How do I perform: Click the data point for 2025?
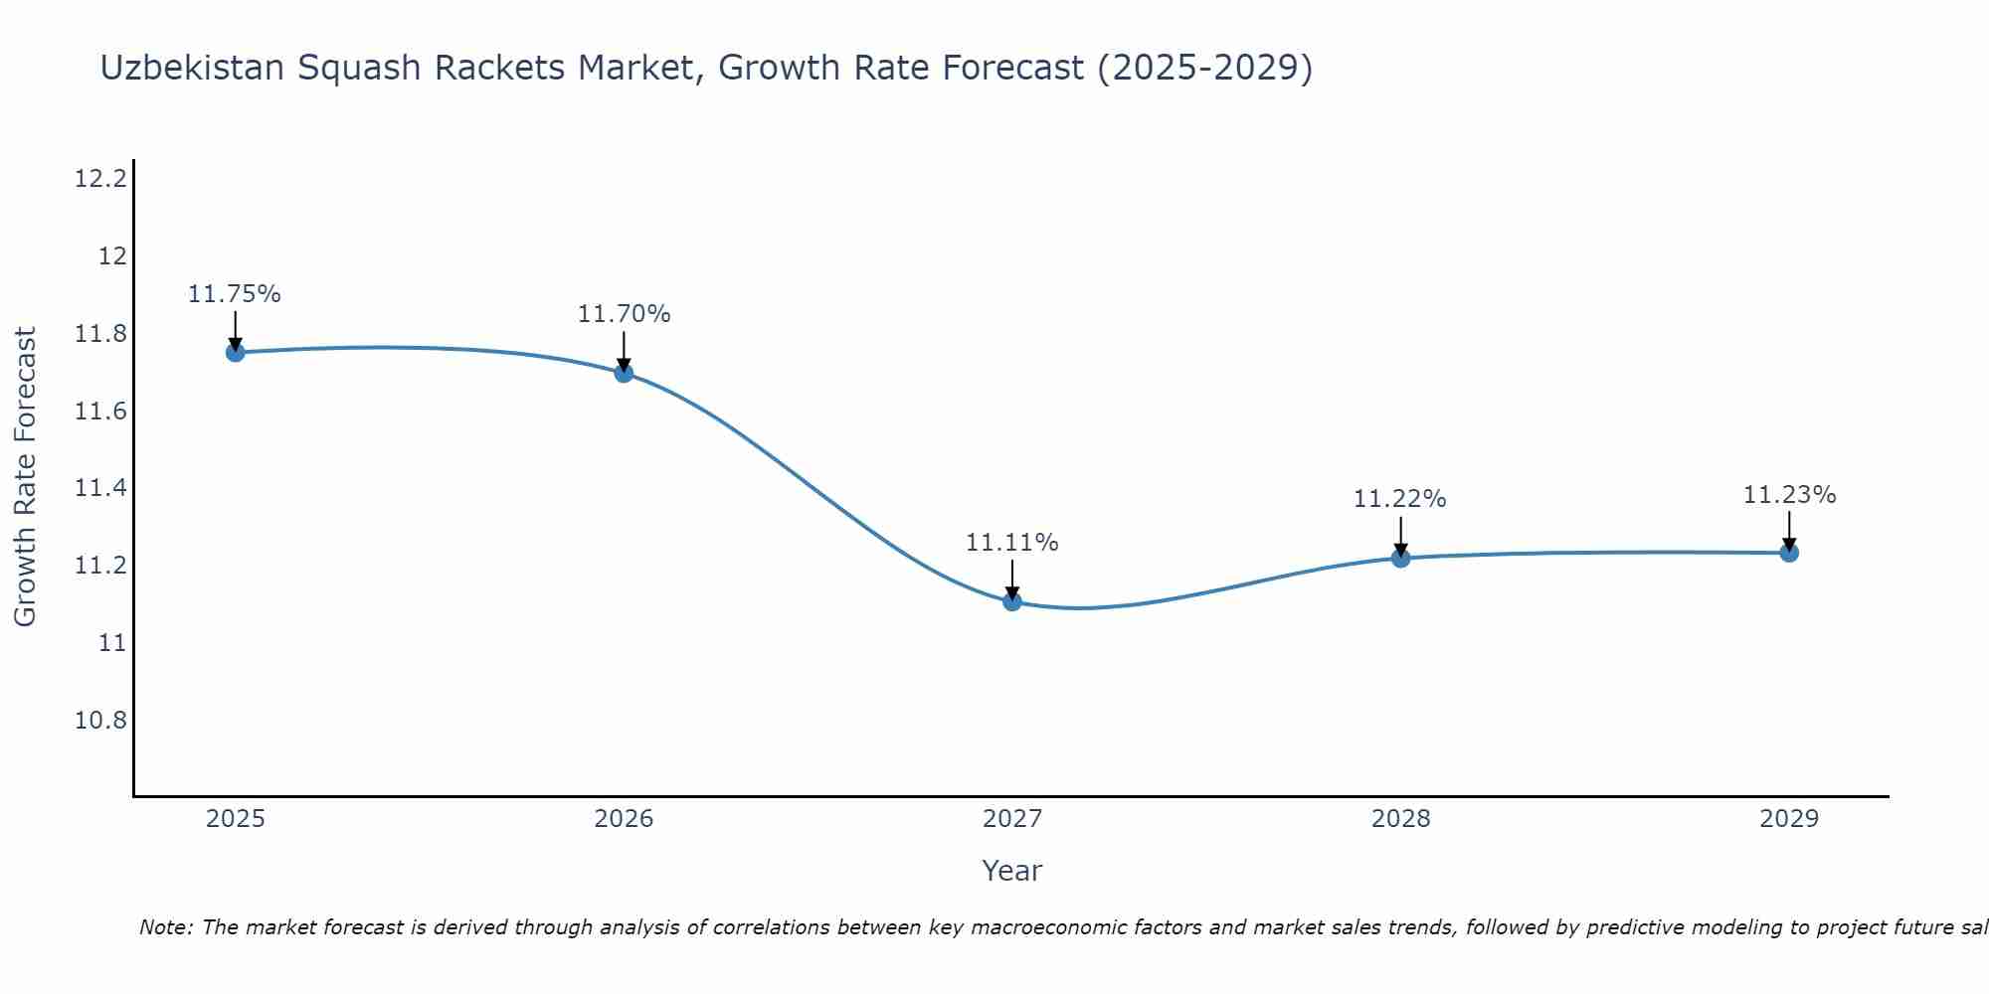coord(235,352)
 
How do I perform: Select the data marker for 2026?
coord(624,373)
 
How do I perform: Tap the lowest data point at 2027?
coord(1012,600)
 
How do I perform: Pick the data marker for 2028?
coord(1400,558)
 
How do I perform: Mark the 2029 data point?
coord(1789,553)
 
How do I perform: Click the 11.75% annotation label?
coord(235,294)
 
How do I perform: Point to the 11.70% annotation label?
coord(624,314)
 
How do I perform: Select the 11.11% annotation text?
coord(1012,543)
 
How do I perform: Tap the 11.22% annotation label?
coord(1399,499)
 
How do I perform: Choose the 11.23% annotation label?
coord(1789,495)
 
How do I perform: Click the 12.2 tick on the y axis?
coord(100,179)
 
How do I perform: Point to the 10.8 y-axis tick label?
coord(100,720)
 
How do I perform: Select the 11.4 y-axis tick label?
coord(100,488)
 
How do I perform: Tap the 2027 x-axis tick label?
coord(1012,819)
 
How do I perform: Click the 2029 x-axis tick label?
coord(1789,819)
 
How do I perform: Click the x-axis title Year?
coord(1011,871)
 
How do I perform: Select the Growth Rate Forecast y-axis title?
coord(26,477)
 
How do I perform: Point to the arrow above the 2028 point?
coord(1400,535)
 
